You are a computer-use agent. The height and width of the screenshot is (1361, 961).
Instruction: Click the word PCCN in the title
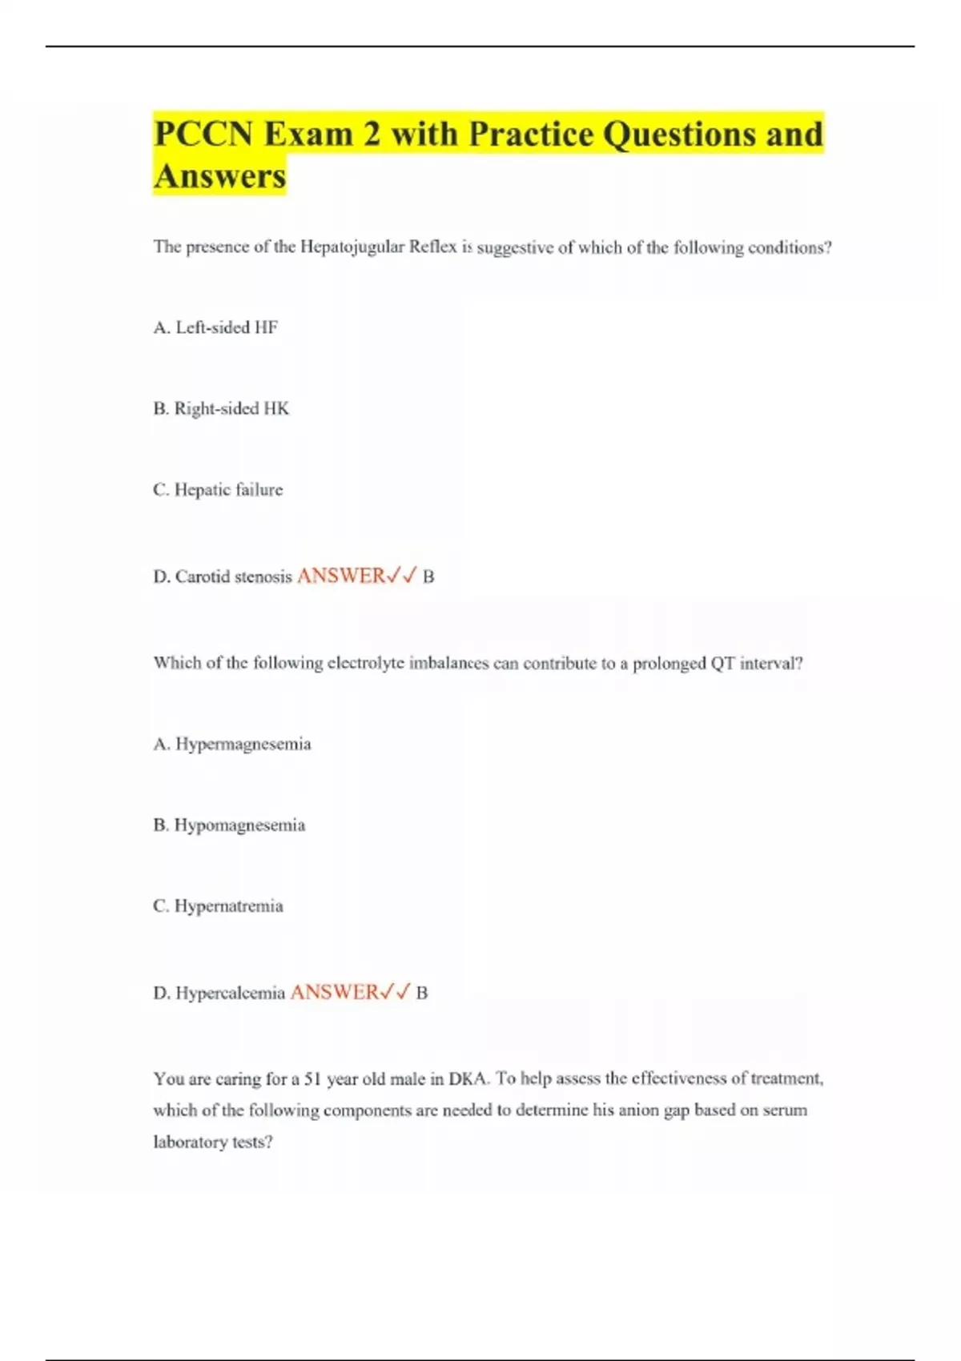click(x=203, y=134)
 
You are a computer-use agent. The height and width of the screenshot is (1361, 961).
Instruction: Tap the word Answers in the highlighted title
click(x=219, y=176)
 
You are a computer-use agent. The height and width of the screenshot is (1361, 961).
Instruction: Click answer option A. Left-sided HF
click(x=215, y=327)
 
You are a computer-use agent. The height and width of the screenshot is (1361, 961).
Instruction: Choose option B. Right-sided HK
click(x=221, y=408)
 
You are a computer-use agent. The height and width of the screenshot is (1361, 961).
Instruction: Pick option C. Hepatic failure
click(x=218, y=489)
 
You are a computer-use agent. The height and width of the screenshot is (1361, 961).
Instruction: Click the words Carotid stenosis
click(x=233, y=576)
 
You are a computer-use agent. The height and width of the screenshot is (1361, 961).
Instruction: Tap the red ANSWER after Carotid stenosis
click(x=341, y=576)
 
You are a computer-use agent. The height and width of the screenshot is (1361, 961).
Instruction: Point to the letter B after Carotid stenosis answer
click(x=428, y=576)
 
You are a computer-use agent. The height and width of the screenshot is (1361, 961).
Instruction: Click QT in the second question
click(x=722, y=663)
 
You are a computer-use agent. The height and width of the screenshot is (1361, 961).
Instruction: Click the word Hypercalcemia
click(x=230, y=993)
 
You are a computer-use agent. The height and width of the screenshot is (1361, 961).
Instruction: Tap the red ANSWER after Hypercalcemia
click(x=334, y=992)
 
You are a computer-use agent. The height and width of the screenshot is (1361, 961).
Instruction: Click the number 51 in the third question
click(x=312, y=1079)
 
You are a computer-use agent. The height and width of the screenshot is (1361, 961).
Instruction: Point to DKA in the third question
click(x=468, y=1078)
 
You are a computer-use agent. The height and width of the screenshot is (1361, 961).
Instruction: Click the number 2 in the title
click(x=371, y=134)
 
